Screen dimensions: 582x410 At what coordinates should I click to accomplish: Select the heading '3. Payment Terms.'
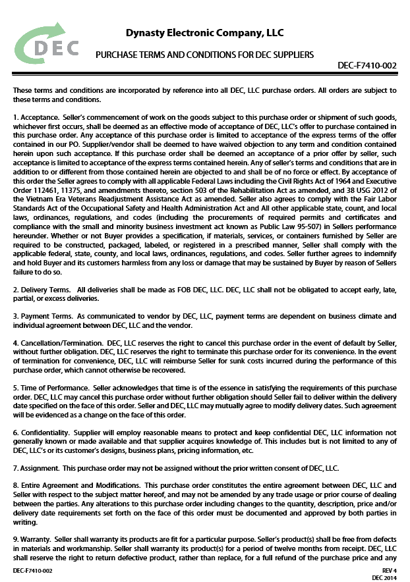click(44, 317)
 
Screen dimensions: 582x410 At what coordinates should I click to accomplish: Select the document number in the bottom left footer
click(33, 569)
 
